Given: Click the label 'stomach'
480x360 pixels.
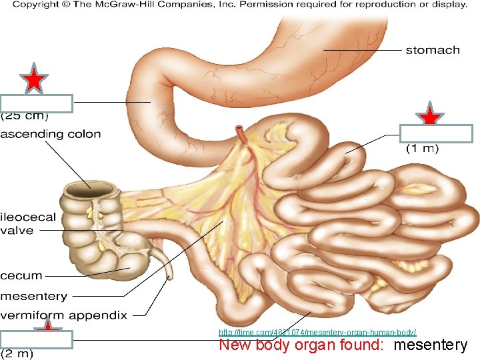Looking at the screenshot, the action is point(433,50).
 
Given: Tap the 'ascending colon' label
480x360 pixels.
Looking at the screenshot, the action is point(51,134).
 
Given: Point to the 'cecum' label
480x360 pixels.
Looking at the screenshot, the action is point(21,275).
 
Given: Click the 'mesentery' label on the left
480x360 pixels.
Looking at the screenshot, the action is point(34,295).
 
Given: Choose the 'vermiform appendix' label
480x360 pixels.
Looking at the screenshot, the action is point(63,314).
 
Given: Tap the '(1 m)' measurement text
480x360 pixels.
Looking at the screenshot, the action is point(423,149).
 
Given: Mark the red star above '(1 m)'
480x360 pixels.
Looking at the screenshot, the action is point(431,117).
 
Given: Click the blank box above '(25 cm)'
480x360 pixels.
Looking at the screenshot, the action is point(37,103).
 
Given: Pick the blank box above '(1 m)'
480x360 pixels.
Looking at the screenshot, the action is point(436,133).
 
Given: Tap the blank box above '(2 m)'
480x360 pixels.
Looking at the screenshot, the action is point(37,339).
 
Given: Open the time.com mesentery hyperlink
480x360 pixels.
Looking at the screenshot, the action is point(317,332).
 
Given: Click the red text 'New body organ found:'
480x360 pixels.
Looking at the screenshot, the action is point(303,345).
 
